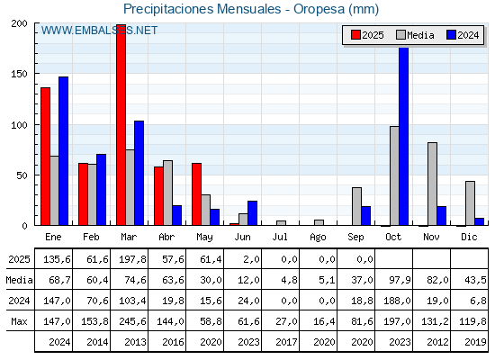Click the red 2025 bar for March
click(x=121, y=125)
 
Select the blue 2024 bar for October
click(x=404, y=136)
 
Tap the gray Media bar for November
click(x=432, y=184)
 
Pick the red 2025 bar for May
click(x=197, y=194)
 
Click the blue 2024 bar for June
click(x=252, y=213)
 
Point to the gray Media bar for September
click(x=356, y=206)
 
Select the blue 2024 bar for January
click(x=63, y=151)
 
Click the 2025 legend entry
click(x=367, y=35)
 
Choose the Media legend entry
click(x=415, y=35)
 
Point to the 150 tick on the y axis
click(x=19, y=74)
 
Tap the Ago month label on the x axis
click(x=318, y=238)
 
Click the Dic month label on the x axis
click(x=469, y=237)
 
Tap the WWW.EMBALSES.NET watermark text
click(x=99, y=31)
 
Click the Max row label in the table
click(x=19, y=321)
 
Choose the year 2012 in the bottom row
click(x=437, y=342)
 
